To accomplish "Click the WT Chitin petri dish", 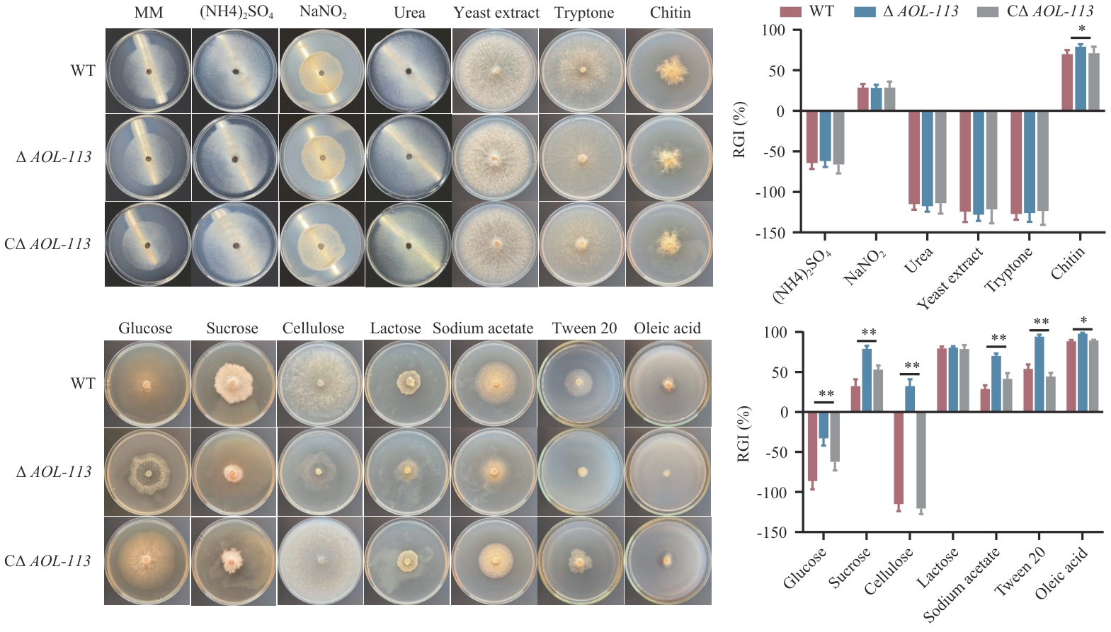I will (669, 71).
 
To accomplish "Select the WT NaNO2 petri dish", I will (322, 71).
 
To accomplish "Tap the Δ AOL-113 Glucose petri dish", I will (147, 471).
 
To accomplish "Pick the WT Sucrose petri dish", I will (233, 384).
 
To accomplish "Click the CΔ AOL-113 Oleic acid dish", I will (668, 561).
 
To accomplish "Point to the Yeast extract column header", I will (496, 13).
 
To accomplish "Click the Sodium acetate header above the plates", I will (483, 328).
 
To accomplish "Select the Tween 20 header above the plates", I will (584, 328).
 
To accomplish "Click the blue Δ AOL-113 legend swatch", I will (865, 12).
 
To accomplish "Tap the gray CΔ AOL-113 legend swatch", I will (987, 12).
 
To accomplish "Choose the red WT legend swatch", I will (790, 12).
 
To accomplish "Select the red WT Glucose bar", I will (812, 447).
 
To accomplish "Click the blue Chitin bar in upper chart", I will (1081, 79).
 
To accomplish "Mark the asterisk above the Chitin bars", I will (1081, 30).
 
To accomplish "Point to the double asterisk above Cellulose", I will (911, 367).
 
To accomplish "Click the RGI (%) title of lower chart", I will (743, 434).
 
